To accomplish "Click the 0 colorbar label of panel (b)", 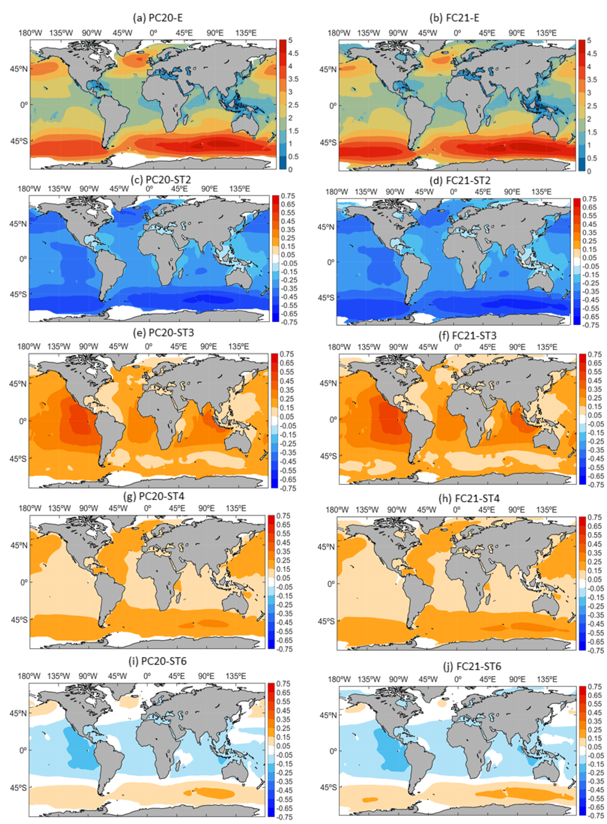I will [x=589, y=171].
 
